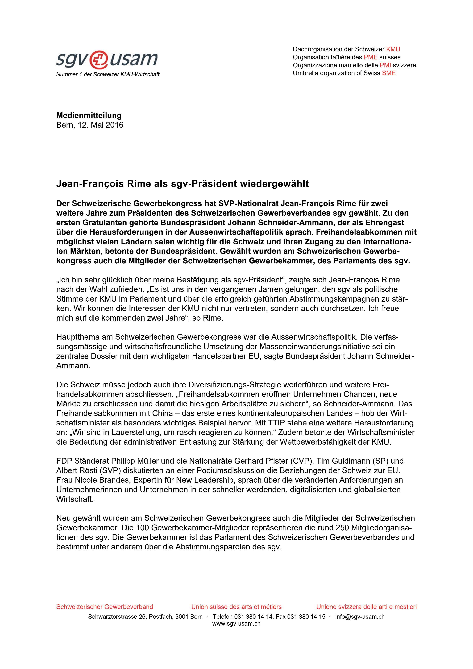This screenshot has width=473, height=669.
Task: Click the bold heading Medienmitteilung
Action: click(89, 115)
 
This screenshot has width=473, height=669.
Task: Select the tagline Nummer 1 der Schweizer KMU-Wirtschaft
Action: click(108, 75)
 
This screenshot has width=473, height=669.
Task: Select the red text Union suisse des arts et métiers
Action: click(236, 607)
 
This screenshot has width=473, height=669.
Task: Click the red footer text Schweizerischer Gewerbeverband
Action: click(104, 607)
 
